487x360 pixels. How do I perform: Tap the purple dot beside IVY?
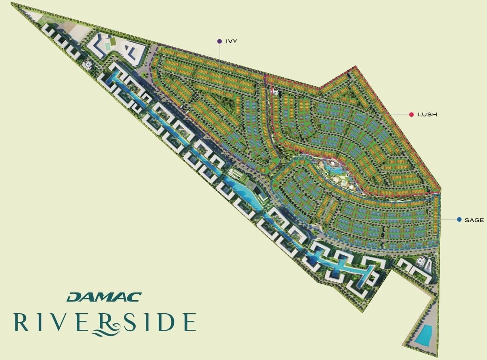(220, 41)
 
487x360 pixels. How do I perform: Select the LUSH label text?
(427, 115)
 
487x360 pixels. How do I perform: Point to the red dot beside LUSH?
(412, 115)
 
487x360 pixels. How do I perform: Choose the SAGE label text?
(474, 220)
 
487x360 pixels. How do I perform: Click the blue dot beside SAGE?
(459, 220)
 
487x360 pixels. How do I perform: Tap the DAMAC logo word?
(104, 297)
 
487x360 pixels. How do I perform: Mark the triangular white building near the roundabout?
(133, 52)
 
